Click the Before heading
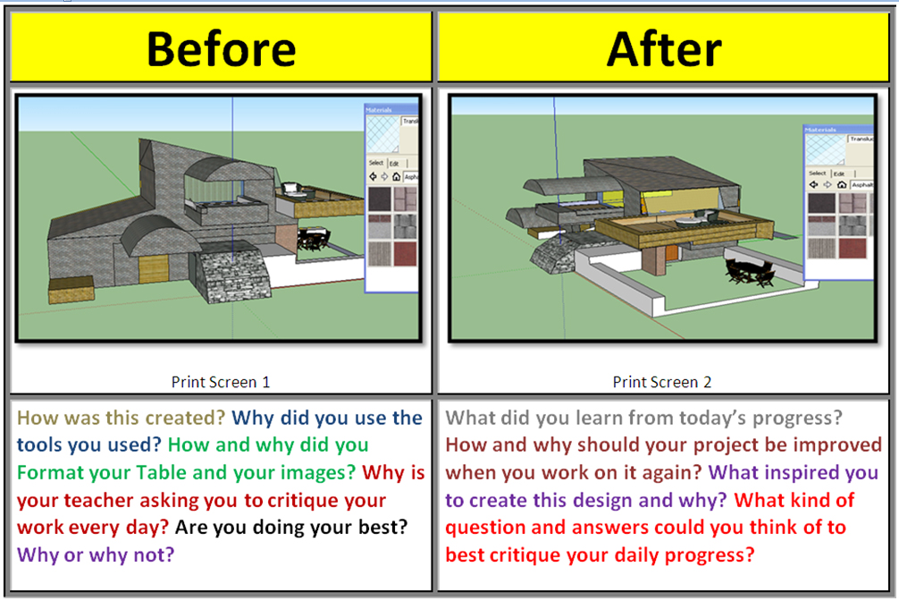click(221, 49)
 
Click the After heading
click(664, 49)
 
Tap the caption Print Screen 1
click(221, 382)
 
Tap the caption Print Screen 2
click(662, 382)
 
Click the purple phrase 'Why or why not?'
click(96, 554)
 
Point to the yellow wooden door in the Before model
click(153, 268)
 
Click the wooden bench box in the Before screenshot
click(71, 289)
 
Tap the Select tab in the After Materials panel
click(817, 173)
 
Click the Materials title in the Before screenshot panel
click(378, 110)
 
